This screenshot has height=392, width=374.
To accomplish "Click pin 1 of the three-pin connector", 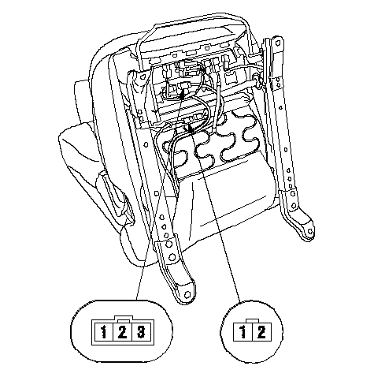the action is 103,332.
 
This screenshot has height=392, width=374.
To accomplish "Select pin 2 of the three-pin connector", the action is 122,332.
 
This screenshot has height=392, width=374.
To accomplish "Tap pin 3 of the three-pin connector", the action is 141,332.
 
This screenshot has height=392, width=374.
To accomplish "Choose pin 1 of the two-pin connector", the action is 243,332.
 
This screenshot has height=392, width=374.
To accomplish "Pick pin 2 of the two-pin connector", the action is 261,332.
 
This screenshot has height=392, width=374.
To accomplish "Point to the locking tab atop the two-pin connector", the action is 253,321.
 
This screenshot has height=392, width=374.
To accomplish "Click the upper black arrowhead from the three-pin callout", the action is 183,94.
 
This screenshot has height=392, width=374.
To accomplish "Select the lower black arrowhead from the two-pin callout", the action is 191,128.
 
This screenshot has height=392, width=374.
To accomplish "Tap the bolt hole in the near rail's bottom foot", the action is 187,294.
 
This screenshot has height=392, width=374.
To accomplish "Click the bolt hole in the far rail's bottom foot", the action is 310,231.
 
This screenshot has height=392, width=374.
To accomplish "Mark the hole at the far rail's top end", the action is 278,42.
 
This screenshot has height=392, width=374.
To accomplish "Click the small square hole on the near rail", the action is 157,193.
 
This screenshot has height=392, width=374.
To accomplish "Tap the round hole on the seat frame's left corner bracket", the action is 142,76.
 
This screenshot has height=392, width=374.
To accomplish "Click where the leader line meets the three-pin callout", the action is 137,300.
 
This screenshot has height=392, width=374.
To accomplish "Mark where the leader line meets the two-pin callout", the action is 240,302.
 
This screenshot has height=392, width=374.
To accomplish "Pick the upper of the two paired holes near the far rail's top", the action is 279,79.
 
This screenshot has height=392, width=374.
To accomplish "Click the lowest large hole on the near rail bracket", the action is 172,257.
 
